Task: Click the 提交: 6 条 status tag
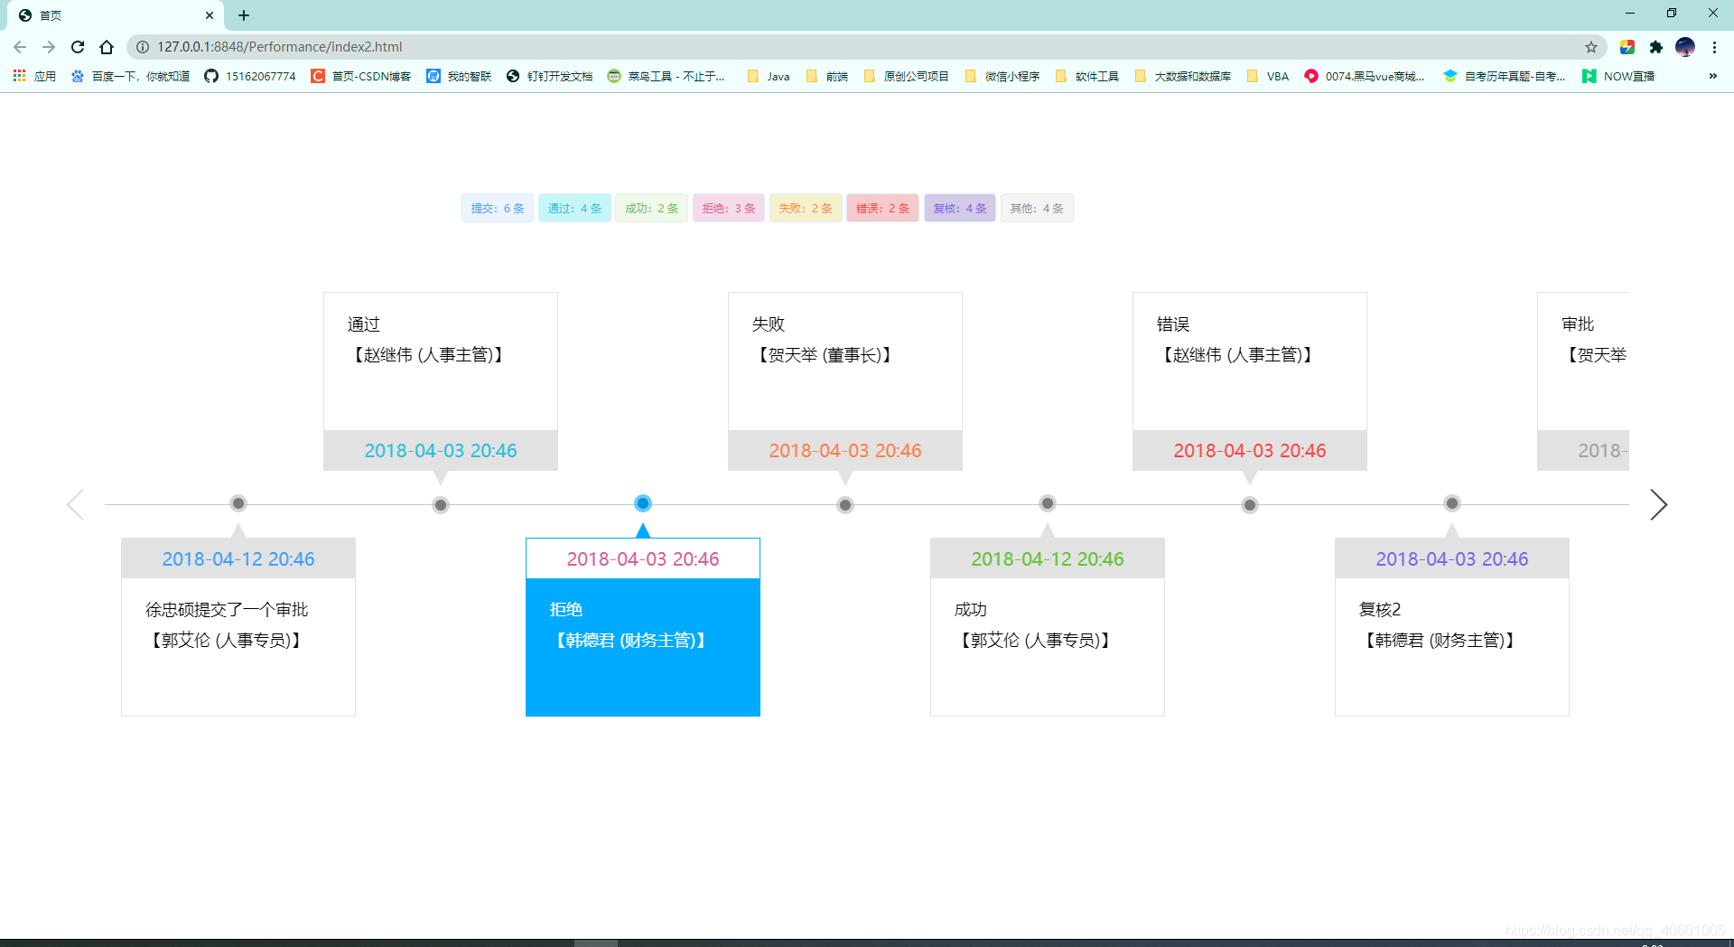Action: (x=497, y=208)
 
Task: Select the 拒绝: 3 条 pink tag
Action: (x=728, y=208)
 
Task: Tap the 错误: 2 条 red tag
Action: (x=882, y=208)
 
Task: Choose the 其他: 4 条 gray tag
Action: (x=1036, y=208)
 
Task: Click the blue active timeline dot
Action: (x=643, y=503)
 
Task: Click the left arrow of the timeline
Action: (x=76, y=504)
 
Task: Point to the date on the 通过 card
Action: (x=441, y=450)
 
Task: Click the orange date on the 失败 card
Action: (x=845, y=450)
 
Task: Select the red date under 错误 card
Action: (x=1250, y=450)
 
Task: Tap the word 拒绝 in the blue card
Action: (x=566, y=609)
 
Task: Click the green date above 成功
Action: (x=1048, y=558)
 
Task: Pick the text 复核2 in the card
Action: (x=1380, y=609)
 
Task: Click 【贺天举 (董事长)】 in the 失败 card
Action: (x=825, y=355)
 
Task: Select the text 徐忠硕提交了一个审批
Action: (x=227, y=609)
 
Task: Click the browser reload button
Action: (x=78, y=47)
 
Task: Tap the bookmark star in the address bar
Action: (x=1591, y=47)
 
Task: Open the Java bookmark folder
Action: (x=769, y=76)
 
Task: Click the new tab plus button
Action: (x=244, y=15)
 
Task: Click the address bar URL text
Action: (x=280, y=47)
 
